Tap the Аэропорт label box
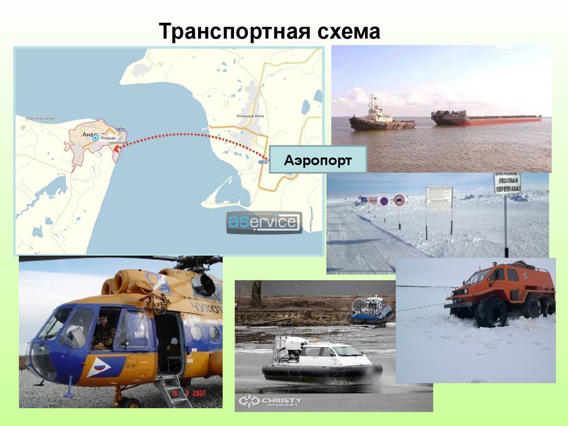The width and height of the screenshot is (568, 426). click(318, 161)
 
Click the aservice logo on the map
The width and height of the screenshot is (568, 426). click(264, 222)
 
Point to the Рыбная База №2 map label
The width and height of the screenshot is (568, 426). click(40, 119)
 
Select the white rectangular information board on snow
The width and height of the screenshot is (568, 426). click(439, 198)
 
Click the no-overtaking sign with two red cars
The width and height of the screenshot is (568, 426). click(399, 200)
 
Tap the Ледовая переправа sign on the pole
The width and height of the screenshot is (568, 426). click(507, 184)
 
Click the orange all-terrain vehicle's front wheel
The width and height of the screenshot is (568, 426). click(490, 312)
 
